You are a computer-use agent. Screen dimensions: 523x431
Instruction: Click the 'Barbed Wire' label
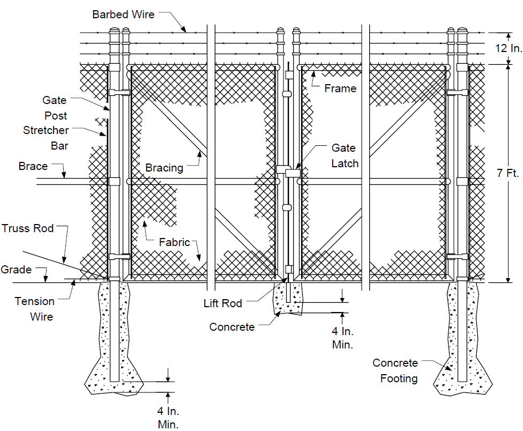pos(123,14)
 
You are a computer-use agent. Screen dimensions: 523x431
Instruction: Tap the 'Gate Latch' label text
pos(345,155)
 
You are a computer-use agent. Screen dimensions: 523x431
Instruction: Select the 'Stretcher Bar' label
pos(46,138)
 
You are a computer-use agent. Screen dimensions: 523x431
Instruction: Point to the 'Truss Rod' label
pos(28,228)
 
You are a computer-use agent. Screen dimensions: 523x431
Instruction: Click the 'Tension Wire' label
pos(34,309)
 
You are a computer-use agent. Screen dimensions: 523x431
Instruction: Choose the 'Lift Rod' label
pos(223,303)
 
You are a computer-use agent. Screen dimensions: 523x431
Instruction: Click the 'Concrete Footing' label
pos(395,370)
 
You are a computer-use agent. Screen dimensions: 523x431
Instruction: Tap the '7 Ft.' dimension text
pos(507,173)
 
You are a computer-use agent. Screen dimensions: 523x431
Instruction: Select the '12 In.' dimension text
pos(509,48)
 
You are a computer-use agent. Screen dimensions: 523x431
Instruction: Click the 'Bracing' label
pos(165,167)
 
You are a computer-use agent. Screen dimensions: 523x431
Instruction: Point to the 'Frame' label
pos(340,88)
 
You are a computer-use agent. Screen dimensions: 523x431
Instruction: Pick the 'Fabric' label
pos(175,242)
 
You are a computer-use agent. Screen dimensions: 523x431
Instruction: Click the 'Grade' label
pos(16,270)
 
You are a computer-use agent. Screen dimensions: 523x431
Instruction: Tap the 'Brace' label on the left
pos(33,166)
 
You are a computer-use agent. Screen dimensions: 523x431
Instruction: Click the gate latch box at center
pos(293,173)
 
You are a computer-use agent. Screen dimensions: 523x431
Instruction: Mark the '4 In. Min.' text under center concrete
pos(342,338)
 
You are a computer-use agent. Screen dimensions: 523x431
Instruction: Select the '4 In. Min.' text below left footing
pos(168,418)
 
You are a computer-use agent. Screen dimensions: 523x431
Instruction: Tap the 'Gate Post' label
pos(55,108)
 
